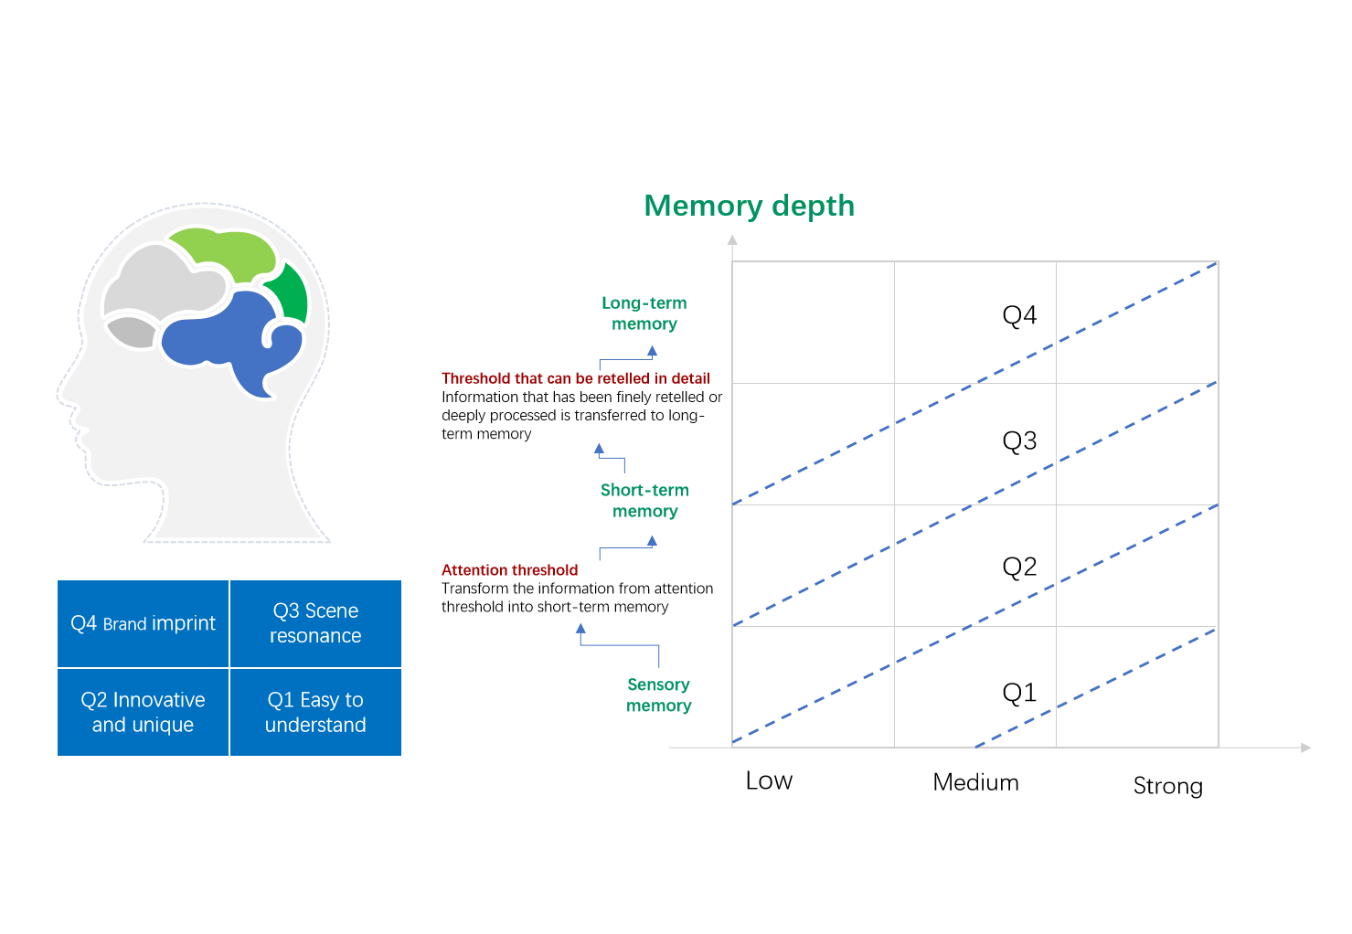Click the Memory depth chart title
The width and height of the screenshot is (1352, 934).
(x=749, y=207)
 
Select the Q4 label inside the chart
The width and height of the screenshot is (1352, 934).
(x=1019, y=315)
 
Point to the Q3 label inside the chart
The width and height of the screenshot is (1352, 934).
(x=1019, y=440)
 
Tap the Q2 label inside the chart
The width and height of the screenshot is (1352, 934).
(x=1019, y=567)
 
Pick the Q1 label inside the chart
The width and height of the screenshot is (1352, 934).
(x=1019, y=692)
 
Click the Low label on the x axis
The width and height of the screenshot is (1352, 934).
(x=769, y=780)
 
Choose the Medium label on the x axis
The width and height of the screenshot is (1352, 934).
(x=975, y=782)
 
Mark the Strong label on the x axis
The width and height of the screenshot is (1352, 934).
(x=1168, y=786)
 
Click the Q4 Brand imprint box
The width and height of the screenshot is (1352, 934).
(x=143, y=624)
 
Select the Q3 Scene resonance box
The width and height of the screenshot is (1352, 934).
(x=315, y=624)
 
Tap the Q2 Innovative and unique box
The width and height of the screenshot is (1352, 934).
(x=143, y=712)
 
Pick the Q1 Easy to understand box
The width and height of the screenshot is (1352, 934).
(x=315, y=712)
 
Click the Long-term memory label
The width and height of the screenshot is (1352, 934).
(x=644, y=313)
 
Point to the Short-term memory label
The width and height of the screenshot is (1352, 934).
(x=644, y=500)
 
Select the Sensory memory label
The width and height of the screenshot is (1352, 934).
(x=658, y=695)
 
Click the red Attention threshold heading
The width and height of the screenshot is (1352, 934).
(x=509, y=569)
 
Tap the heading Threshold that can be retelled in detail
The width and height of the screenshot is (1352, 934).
(x=575, y=378)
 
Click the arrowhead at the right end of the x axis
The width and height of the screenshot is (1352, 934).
(x=1305, y=748)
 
